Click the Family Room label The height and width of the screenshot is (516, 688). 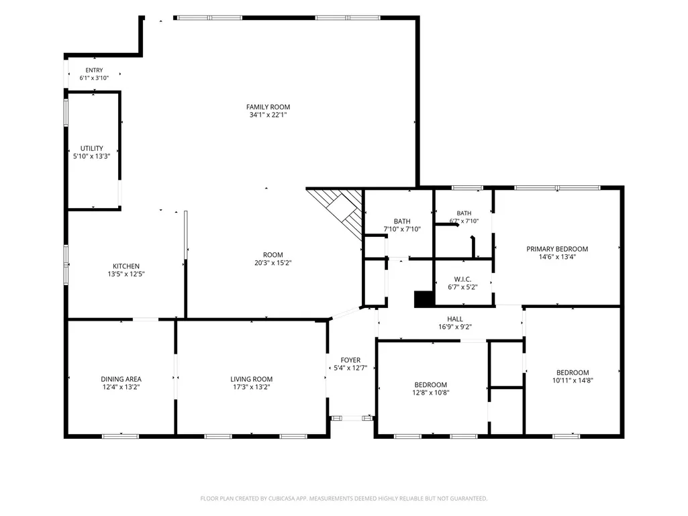click(268, 107)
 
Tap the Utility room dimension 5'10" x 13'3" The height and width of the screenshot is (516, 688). click(92, 156)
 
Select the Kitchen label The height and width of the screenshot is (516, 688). click(126, 266)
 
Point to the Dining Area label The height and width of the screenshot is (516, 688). click(121, 379)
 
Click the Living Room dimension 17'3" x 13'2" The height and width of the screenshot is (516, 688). click(252, 387)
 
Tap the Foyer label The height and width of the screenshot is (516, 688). click(350, 360)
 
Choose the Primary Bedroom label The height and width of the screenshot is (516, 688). click(557, 249)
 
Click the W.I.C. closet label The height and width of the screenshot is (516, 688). click(462, 280)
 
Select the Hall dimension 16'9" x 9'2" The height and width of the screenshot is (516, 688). click(455, 327)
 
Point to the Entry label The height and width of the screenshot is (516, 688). click(95, 70)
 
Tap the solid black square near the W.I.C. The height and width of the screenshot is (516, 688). click(424, 299)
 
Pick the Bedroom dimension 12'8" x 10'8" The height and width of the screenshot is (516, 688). click(430, 393)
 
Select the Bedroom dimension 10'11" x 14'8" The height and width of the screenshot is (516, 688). click(573, 380)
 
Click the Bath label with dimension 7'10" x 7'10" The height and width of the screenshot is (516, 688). click(402, 221)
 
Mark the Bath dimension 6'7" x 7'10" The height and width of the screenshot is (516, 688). click(464, 221)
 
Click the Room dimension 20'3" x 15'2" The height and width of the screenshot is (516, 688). click(273, 263)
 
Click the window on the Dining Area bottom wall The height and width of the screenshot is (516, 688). click(120, 436)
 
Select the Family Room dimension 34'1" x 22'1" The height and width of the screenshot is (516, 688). click(268, 115)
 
